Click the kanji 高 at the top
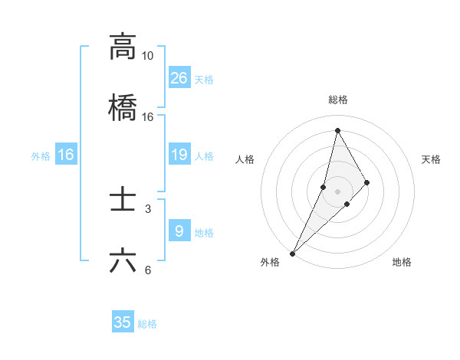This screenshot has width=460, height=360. (123, 47)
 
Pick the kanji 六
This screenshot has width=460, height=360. (123, 260)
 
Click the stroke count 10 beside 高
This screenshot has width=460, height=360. (147, 56)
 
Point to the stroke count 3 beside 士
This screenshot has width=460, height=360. (147, 208)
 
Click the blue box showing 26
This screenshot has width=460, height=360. (179, 78)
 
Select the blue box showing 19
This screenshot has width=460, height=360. (179, 155)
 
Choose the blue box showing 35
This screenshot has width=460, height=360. (123, 322)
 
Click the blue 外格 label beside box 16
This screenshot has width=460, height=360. (41, 156)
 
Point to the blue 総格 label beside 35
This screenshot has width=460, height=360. (147, 324)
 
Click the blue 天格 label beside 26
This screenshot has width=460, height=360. (204, 80)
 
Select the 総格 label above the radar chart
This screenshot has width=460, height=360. (337, 100)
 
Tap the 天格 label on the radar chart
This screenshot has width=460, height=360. (431, 159)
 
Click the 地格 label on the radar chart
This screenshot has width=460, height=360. (402, 262)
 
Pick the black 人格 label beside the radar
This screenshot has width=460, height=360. (245, 159)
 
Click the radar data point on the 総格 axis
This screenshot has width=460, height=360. (337, 129)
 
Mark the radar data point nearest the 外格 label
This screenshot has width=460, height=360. (292, 253)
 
